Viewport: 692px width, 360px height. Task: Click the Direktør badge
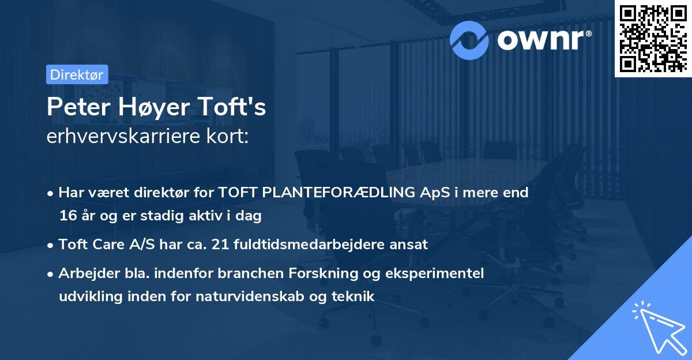coord(77,75)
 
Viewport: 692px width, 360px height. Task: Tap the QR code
coord(653,39)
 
